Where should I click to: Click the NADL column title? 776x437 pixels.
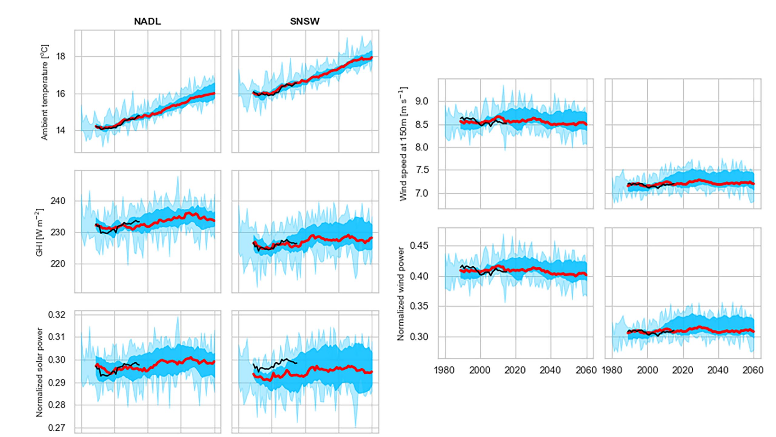coord(147,22)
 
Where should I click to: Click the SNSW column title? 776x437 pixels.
coord(305,22)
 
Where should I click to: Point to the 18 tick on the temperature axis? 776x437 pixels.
coord(61,56)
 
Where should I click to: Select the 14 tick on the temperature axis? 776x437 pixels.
coord(61,130)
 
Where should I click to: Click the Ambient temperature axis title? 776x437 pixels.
coord(45,93)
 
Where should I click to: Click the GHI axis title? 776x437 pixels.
coord(40,232)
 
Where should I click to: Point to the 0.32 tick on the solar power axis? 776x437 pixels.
coord(57,315)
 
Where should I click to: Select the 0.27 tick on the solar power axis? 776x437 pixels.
coord(57,428)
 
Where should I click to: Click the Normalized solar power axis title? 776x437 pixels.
coord(39,372)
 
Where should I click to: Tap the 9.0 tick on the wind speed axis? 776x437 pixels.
coord(421,101)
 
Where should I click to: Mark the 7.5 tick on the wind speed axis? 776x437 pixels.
coord(421,170)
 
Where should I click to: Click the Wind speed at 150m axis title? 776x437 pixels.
coord(403,144)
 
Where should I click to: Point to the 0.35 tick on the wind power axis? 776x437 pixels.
coord(419,306)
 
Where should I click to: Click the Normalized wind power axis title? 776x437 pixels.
coord(401,294)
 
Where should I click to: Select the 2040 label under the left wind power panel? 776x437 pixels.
coord(551,370)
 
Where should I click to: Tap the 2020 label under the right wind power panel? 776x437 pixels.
coord(683,370)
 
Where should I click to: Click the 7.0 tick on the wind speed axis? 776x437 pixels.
coord(421,193)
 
